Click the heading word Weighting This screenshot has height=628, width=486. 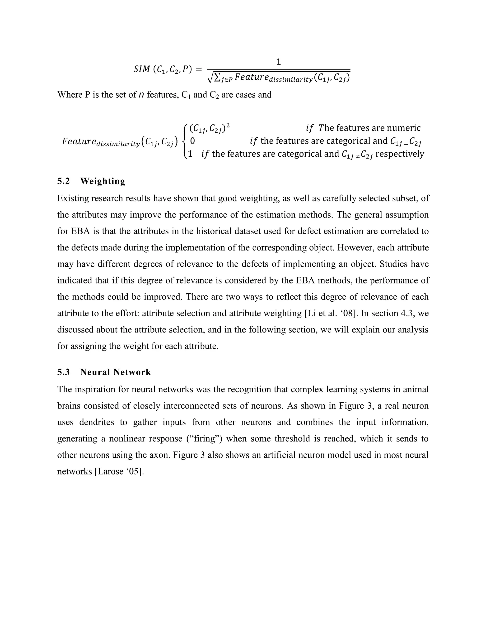[103, 181]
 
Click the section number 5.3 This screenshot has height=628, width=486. [63, 372]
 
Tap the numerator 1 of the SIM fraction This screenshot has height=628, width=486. [278, 62]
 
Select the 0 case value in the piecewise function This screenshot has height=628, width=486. [192, 141]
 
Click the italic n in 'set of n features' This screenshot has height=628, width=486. [141, 95]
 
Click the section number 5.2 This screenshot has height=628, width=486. [63, 181]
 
